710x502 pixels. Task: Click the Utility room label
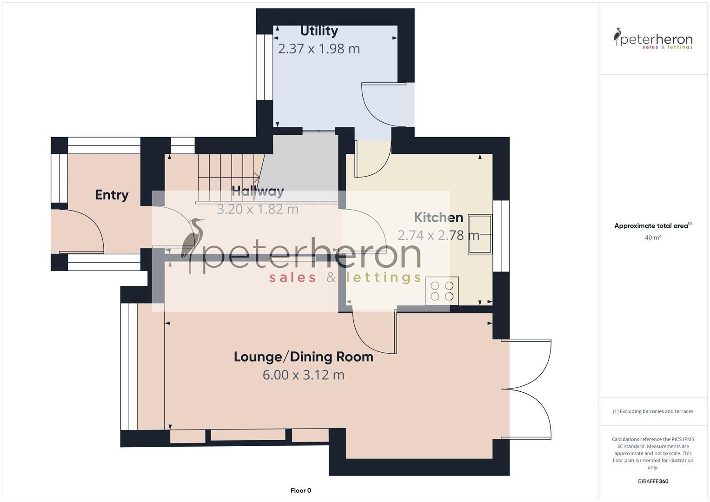[319, 31]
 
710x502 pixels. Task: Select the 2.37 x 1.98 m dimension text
[319, 48]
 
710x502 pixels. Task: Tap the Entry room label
[112, 195]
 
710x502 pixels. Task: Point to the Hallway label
[258, 191]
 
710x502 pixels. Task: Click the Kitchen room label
[438, 218]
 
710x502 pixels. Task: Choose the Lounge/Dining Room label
[303, 357]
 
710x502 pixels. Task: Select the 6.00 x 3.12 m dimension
[303, 375]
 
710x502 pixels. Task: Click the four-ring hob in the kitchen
[442, 291]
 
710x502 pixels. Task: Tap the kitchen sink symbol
[479, 234]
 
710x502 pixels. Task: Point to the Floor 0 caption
[300, 490]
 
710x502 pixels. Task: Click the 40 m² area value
[653, 238]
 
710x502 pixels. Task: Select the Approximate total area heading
[652, 226]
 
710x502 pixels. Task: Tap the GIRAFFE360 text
[653, 481]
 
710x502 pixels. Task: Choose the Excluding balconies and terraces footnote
[653, 411]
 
